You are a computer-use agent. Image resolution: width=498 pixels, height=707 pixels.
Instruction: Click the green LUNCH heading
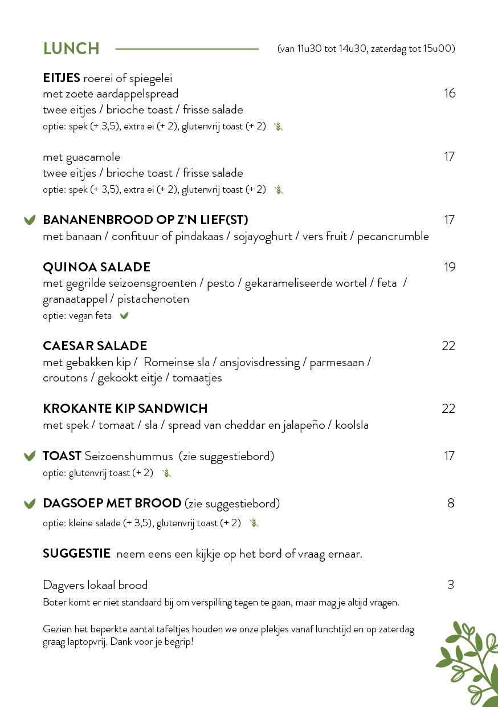pyautogui.click(x=71, y=49)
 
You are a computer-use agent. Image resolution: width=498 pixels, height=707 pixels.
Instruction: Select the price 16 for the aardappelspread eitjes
pyautogui.click(x=450, y=94)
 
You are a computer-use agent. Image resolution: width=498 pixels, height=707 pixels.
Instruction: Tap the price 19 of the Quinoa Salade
pyautogui.click(x=450, y=267)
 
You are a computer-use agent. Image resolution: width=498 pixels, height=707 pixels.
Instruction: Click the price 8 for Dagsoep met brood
pyautogui.click(x=451, y=503)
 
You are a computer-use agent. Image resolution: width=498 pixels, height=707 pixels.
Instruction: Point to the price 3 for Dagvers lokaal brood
pyautogui.click(x=451, y=585)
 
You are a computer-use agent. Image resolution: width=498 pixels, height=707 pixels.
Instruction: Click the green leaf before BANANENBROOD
pyautogui.click(x=30, y=220)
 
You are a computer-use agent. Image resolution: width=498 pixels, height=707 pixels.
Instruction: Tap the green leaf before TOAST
pyautogui.click(x=30, y=456)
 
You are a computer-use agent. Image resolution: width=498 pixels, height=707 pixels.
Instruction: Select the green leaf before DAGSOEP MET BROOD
pyautogui.click(x=30, y=504)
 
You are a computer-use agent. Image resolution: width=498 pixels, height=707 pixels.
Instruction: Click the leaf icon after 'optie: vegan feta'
pyautogui.click(x=124, y=316)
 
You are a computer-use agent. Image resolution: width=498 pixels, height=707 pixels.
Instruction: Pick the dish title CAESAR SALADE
pyautogui.click(x=95, y=346)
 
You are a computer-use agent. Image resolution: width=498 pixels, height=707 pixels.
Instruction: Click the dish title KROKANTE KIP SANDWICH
pyautogui.click(x=125, y=409)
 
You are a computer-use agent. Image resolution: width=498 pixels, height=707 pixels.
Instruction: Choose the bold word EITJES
pyautogui.click(x=62, y=78)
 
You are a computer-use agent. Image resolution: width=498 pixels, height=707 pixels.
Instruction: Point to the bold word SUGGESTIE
pyautogui.click(x=76, y=554)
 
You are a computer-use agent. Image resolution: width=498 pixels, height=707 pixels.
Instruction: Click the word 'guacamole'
pyautogui.click(x=93, y=157)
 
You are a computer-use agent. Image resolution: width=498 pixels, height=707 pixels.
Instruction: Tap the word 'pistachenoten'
pyautogui.click(x=153, y=299)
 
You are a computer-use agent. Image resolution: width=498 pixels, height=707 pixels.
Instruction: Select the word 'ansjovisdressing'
pyautogui.click(x=260, y=363)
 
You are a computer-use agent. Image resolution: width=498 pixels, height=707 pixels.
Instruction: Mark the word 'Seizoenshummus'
pyautogui.click(x=129, y=456)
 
